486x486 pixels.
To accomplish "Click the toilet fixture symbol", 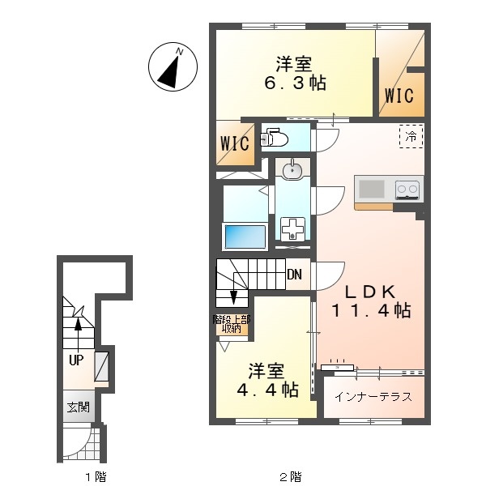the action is click(275, 138).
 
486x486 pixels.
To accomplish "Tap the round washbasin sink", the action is click(292, 169).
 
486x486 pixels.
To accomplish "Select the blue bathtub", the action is click(245, 237).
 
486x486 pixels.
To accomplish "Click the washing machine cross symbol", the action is click(292, 228).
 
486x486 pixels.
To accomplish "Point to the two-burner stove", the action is click(407, 190).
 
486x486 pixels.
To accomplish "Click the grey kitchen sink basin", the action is click(372, 189).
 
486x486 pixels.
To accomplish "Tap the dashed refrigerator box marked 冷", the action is click(411, 136).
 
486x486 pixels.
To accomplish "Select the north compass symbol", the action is click(173, 66).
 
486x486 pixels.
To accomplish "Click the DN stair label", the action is click(295, 275).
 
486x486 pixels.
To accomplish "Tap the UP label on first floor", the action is click(76, 360).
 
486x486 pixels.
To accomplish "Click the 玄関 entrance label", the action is click(79, 407).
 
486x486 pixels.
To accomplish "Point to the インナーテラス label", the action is click(373, 397).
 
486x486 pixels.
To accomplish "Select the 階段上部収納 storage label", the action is click(232, 324).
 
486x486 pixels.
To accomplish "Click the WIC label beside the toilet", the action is click(235, 143).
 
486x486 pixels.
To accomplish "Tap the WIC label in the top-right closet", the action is click(399, 95).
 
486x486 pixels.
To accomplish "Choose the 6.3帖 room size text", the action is click(295, 83).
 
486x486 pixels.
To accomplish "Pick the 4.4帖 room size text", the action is click(267, 390).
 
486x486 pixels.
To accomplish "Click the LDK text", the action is click(370, 292).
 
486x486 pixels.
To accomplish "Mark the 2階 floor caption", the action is click(291, 476).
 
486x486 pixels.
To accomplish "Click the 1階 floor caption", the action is click(96, 476).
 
